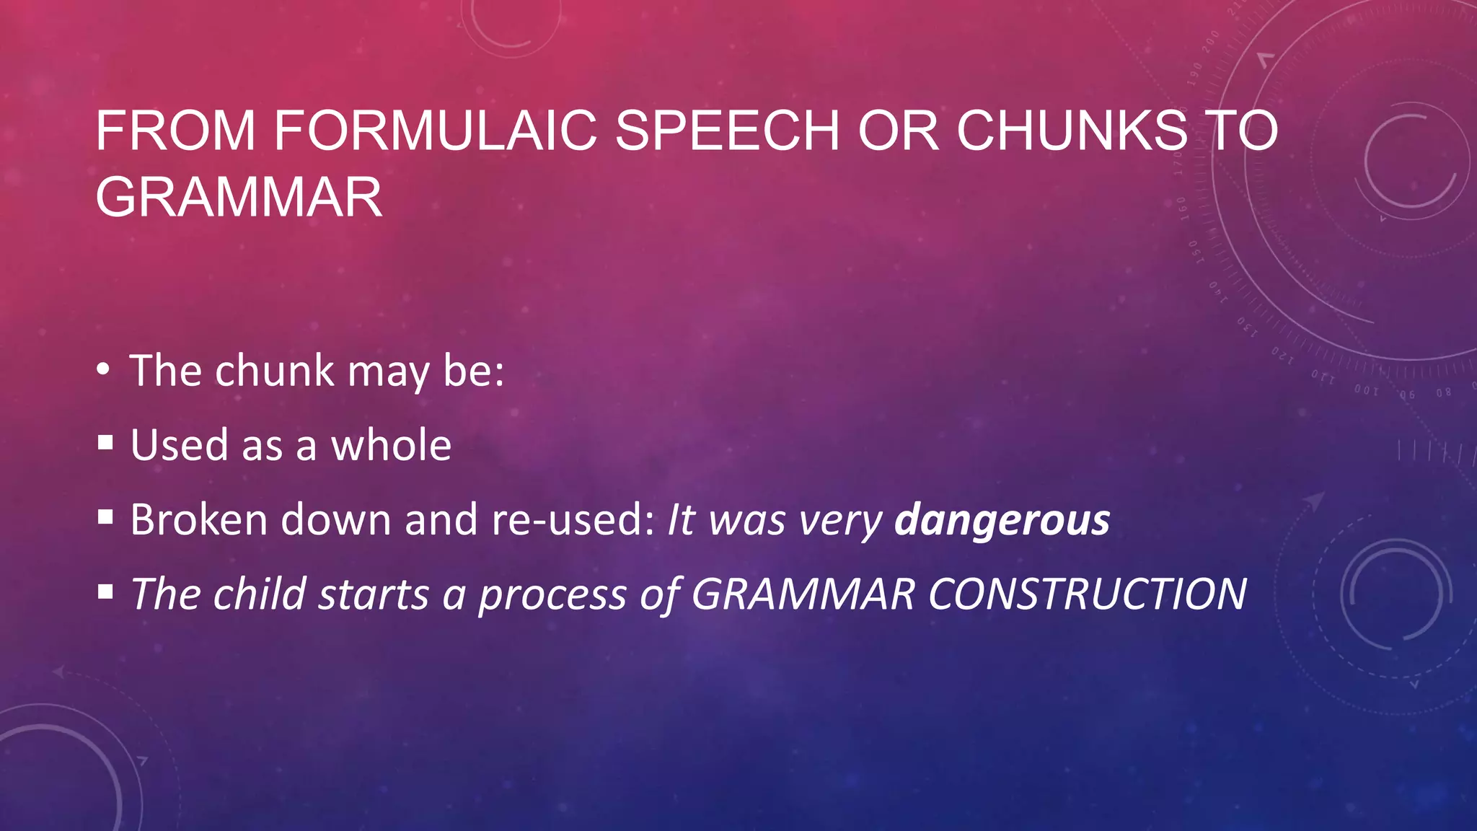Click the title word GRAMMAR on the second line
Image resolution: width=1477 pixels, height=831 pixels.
(239, 197)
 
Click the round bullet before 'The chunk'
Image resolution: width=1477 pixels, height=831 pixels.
(104, 370)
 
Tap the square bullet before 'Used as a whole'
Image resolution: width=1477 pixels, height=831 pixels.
(106, 442)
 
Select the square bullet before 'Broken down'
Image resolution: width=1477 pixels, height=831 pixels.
(106, 516)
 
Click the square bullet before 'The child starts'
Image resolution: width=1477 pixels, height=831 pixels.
(106, 592)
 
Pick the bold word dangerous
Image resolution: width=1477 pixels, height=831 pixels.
(1002, 519)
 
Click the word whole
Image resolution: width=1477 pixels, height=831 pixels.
(391, 445)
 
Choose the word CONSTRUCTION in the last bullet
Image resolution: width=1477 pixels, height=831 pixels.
(1088, 594)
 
